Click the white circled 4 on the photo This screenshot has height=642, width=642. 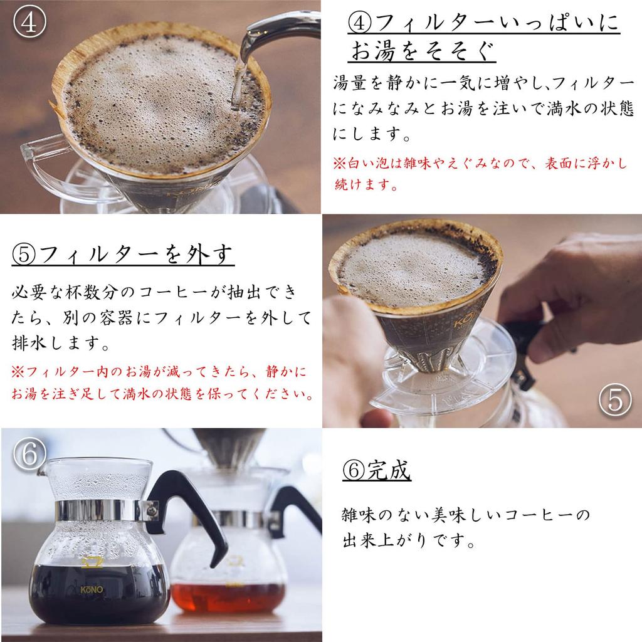[29, 22]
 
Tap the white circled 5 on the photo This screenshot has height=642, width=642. [615, 400]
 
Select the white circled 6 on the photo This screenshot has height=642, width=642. [29, 454]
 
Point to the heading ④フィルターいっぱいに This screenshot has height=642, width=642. [483, 23]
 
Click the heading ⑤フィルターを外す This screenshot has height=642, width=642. [123, 255]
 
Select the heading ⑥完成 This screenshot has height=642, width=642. [377, 470]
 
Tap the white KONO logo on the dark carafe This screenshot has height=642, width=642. [92, 589]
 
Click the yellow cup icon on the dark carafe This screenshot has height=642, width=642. [92, 562]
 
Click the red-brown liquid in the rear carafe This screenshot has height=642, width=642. [228, 597]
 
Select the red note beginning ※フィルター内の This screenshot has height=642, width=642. [162, 382]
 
